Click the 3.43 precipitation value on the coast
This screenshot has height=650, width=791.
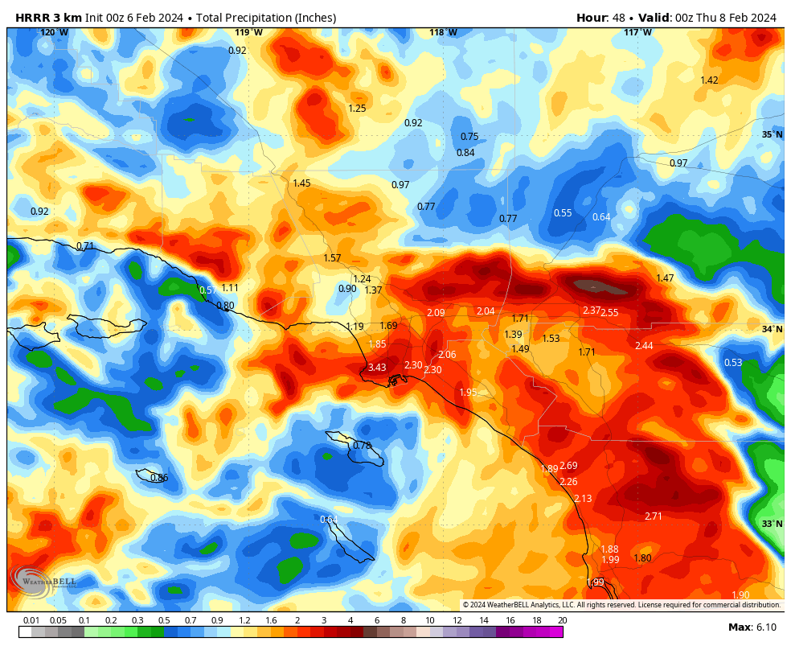point(376,368)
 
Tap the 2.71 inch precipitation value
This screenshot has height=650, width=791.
point(653,516)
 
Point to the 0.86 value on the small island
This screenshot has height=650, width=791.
point(159,479)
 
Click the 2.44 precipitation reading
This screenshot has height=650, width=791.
point(644,346)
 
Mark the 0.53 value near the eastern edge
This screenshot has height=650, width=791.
point(732,363)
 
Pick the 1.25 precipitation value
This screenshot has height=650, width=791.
point(357,109)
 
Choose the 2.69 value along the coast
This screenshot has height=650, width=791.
point(568,466)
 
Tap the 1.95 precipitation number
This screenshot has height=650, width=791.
point(468,393)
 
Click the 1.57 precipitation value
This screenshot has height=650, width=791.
point(332,258)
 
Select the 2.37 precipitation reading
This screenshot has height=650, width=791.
point(592,311)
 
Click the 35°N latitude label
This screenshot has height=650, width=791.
point(772,134)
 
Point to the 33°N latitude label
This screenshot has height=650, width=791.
point(772,524)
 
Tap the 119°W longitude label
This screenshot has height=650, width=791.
point(248,32)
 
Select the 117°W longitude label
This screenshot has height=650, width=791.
point(638,32)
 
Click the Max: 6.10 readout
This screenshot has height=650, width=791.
point(752,627)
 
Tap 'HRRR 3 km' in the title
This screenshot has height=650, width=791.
point(43,18)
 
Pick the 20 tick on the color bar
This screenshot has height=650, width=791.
point(562,620)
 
